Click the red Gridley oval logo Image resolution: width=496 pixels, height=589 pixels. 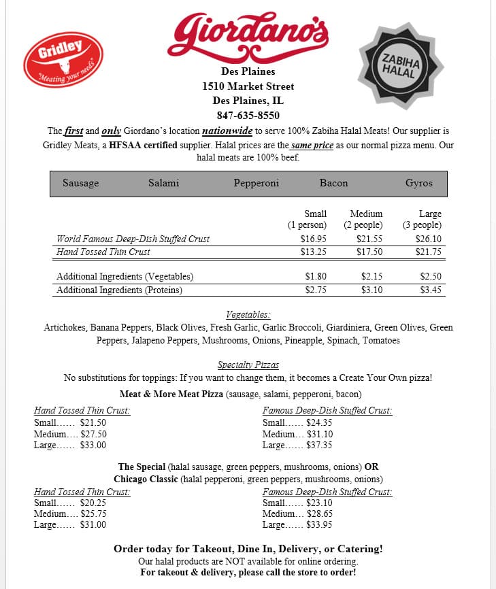[63, 59]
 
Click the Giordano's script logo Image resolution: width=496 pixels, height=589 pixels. [248, 34]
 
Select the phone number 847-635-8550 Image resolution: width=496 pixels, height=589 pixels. [248, 116]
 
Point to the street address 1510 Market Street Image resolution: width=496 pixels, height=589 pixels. [248, 86]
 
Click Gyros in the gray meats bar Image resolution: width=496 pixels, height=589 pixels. [419, 183]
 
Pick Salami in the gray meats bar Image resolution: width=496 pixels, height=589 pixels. [164, 183]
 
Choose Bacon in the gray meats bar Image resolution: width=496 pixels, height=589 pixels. [333, 183]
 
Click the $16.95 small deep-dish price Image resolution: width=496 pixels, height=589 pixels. [314, 239]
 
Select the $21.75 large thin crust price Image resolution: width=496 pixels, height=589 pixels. [429, 252]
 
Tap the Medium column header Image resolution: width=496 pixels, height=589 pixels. [366, 214]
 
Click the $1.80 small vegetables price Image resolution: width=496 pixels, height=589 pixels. [314, 277]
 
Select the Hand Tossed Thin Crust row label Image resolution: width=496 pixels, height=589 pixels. [103, 252]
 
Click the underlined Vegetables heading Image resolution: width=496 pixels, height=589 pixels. [248, 315]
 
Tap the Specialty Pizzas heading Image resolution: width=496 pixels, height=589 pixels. [248, 365]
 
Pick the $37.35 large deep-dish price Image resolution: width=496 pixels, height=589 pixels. [319, 445]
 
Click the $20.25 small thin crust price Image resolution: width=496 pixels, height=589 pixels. [93, 503]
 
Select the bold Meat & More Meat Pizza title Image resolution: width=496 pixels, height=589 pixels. [171, 394]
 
